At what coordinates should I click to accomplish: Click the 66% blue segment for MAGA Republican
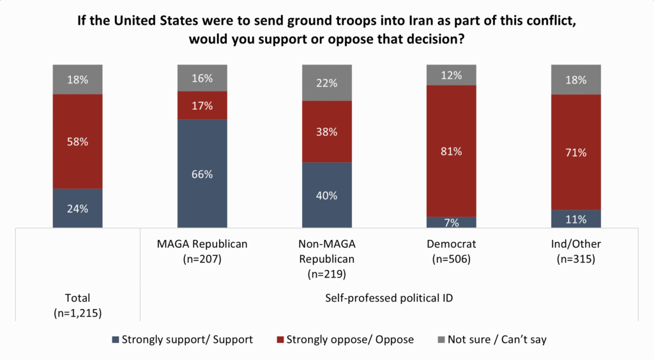coord(202,174)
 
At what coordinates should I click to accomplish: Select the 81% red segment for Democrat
coord(452,151)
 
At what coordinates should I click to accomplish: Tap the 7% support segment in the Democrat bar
coord(452,223)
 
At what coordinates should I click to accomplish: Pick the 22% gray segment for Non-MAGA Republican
coord(327,83)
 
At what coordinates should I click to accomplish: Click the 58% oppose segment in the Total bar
coord(77,142)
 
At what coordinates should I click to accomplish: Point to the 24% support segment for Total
coord(77,208)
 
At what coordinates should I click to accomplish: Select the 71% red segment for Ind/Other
coord(576,152)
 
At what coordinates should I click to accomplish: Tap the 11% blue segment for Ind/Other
coord(576,219)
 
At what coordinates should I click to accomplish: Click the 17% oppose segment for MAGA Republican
coord(202,106)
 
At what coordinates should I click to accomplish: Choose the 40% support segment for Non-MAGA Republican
coord(327,195)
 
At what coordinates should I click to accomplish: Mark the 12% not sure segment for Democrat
coord(452,75)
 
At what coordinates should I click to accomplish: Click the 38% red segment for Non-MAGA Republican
coord(327,131)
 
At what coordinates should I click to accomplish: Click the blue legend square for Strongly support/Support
coord(116,340)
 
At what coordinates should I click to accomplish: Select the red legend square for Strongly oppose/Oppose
coord(280,340)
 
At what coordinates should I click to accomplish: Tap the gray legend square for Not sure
coord(441,340)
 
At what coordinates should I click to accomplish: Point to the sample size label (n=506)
coord(452,259)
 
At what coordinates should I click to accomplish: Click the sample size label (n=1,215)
coord(77,313)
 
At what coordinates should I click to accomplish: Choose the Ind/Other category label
coord(576,244)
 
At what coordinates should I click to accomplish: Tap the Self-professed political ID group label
coord(389,298)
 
